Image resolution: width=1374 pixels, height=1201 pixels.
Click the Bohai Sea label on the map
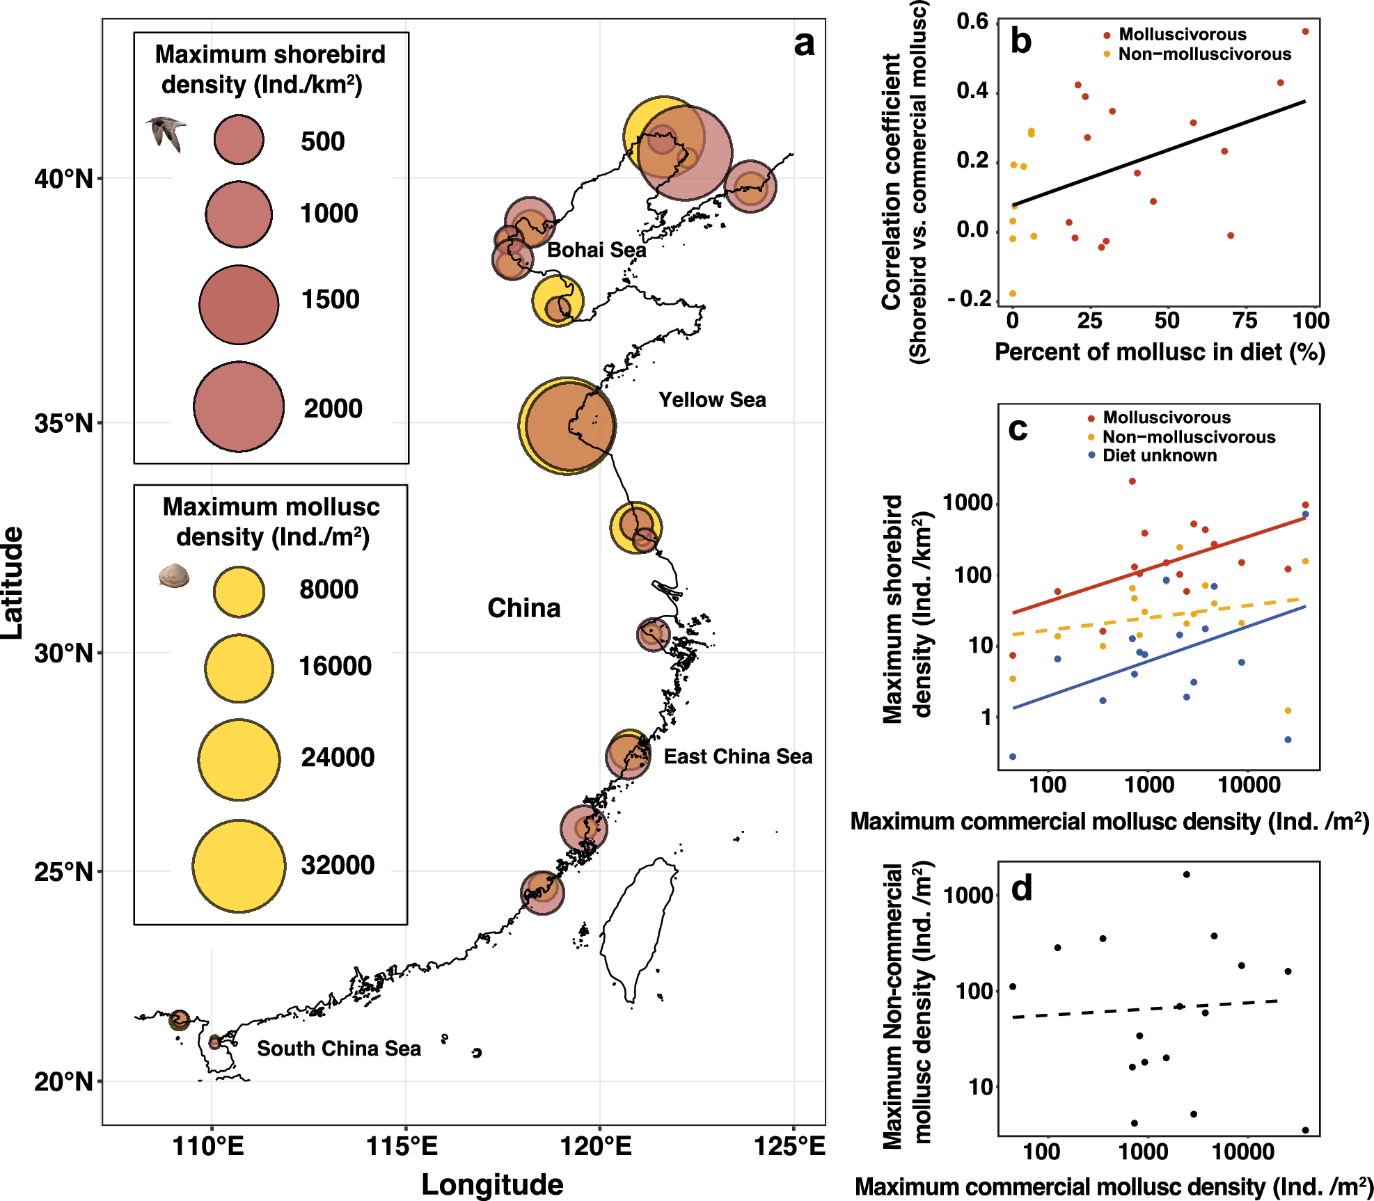click(596, 250)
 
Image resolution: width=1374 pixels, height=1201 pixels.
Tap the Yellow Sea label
click(711, 400)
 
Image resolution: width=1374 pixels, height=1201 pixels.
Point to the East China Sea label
click(737, 756)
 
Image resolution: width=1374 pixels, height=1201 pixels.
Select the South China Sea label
click(338, 1049)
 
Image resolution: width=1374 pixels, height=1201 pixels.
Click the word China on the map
click(523, 608)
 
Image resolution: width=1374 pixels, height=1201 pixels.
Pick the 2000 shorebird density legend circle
click(239, 407)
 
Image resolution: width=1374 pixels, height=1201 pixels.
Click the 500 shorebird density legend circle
click(239, 140)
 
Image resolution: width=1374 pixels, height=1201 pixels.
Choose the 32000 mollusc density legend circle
click(239, 866)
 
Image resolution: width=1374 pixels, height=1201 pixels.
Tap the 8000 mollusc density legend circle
click(239, 591)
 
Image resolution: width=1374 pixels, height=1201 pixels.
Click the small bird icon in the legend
click(167, 133)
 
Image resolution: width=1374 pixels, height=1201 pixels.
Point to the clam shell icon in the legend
click(173, 575)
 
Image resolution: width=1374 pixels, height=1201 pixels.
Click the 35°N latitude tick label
click(63, 423)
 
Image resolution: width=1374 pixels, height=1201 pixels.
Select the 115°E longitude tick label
click(402, 1146)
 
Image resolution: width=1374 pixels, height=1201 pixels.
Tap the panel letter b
click(1020, 41)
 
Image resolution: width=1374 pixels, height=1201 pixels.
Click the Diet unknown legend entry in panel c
click(1159, 456)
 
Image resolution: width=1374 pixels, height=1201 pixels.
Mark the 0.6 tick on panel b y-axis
click(972, 22)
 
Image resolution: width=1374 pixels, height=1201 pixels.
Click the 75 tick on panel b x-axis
click(1244, 321)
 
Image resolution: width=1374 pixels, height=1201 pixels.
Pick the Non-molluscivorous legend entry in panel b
click(1203, 54)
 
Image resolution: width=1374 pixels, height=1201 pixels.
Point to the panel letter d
click(1021, 889)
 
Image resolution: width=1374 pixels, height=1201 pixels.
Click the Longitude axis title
click(492, 1184)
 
